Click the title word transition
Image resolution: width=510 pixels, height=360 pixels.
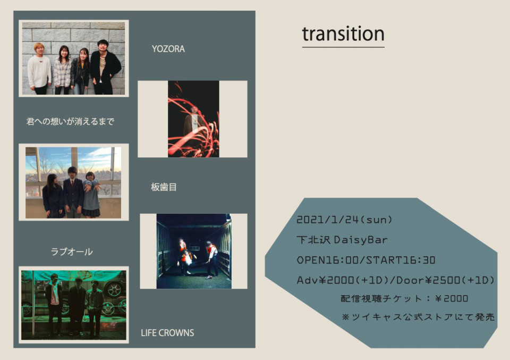tap(343, 34)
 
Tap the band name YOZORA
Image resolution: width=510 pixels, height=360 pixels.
tap(168, 49)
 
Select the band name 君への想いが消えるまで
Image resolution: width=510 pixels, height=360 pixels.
tap(70, 121)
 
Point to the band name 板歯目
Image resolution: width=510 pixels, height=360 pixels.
tap(164, 187)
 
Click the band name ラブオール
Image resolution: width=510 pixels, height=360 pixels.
tap(72, 252)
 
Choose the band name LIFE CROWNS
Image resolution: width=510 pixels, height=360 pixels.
tap(167, 333)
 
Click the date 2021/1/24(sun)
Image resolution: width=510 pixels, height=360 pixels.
tap(344, 220)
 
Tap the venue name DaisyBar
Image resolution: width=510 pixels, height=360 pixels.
tap(361, 240)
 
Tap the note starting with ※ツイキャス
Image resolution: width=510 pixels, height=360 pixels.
tap(418, 316)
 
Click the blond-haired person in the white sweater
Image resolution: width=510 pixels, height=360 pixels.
tap(39, 69)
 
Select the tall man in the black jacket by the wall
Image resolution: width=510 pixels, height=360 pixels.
tap(105, 67)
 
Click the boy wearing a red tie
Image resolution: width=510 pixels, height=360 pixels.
tap(73, 192)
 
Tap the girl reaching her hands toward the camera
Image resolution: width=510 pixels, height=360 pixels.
tap(91, 194)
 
